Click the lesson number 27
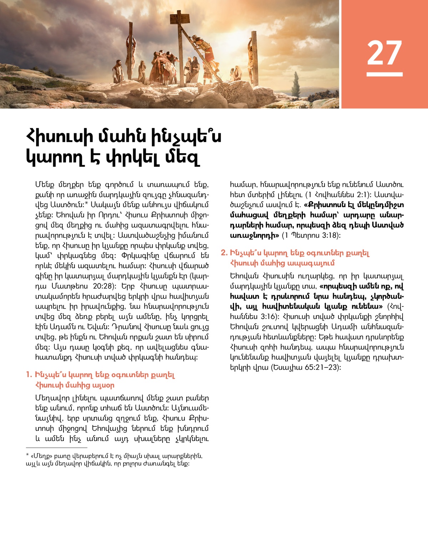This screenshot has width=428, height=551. (384, 52)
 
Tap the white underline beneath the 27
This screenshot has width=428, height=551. (384, 74)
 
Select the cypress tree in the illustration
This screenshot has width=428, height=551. (296, 84)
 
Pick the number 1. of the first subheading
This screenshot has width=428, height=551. (29, 375)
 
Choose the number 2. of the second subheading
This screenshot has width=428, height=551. (224, 253)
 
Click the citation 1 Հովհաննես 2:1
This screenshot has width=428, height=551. (339, 195)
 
